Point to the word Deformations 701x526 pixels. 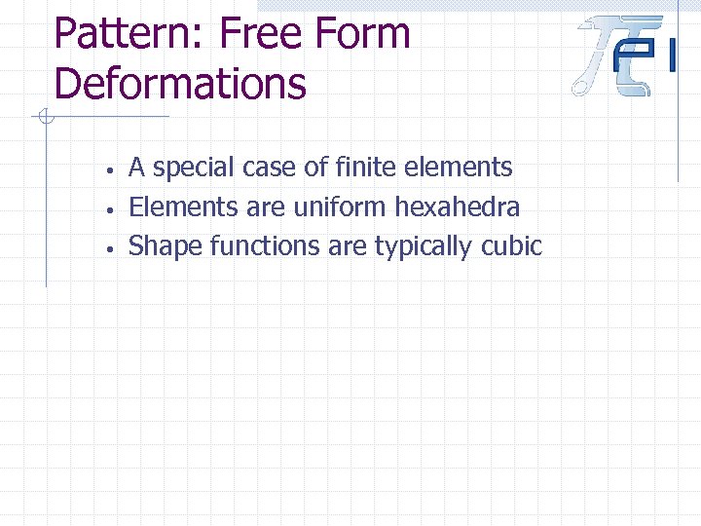pyautogui.click(x=180, y=83)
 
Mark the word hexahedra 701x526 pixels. pyautogui.click(x=457, y=207)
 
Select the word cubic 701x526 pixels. pyautogui.click(x=511, y=245)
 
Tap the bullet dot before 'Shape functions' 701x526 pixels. pyautogui.click(x=113, y=248)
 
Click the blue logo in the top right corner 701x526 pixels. pyautogui.click(x=623, y=56)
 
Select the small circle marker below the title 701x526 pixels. pyautogui.click(x=45, y=118)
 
